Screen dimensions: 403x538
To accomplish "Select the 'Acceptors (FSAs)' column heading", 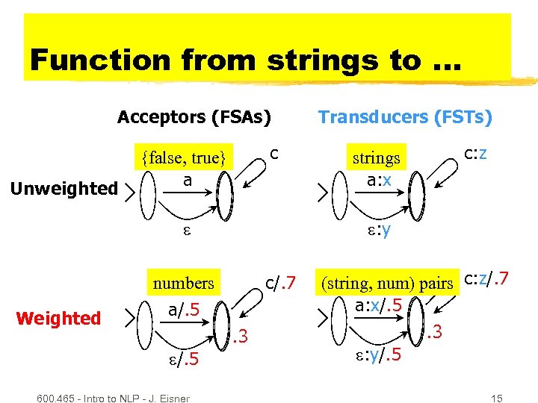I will tap(194, 117).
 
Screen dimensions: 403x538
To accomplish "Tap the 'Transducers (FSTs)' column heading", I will tap(405, 117).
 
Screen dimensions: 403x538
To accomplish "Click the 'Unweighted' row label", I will tap(65, 189).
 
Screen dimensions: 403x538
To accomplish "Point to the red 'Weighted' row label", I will tap(58, 319).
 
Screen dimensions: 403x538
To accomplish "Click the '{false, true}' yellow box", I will tap(184, 157).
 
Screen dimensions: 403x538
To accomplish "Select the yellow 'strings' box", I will tap(377, 157).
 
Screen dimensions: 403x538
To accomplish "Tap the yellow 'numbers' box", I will tap(183, 284).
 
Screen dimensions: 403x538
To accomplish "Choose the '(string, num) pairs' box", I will tap(387, 284).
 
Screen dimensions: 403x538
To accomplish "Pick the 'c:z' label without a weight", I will tap(476, 154).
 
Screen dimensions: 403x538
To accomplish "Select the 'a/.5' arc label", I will tap(183, 308).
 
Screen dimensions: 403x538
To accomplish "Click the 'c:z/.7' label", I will tap(486, 279).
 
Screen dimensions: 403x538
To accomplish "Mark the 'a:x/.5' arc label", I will tap(379, 306).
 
